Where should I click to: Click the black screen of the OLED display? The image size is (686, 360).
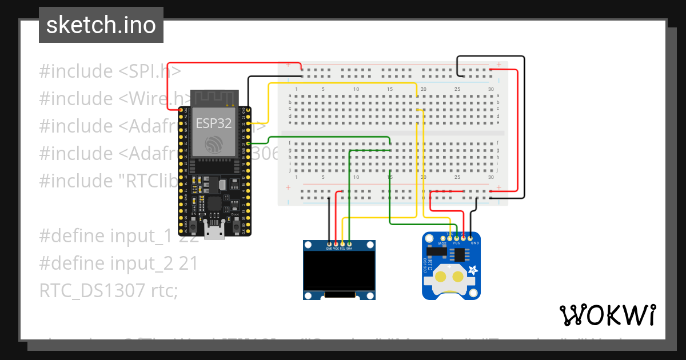pyautogui.click(x=339, y=271)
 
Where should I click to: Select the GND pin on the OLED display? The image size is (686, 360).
pyautogui.click(x=329, y=243)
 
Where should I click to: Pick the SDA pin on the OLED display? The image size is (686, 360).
pyautogui.click(x=349, y=243)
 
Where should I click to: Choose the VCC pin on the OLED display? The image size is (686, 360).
pyautogui.click(x=336, y=243)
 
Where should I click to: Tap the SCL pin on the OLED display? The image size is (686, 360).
pyautogui.click(x=342, y=243)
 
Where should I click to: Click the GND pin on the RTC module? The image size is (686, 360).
pyautogui.click(x=470, y=236)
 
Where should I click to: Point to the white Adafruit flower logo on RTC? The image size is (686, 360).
pyautogui.click(x=472, y=270)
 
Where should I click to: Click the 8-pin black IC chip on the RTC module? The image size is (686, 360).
pyautogui.click(x=457, y=253)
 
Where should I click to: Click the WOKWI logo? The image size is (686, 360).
pyautogui.click(x=607, y=315)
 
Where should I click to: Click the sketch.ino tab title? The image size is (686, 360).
pyautogui.click(x=101, y=25)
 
